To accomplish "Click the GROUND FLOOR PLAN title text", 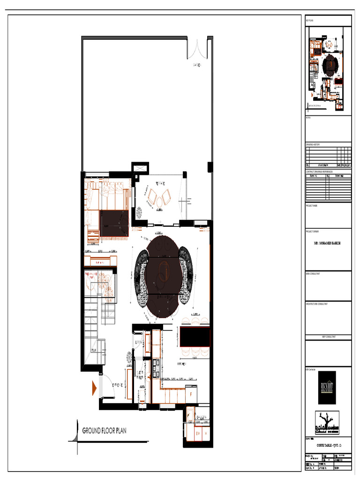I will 111,430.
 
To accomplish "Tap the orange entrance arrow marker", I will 94,388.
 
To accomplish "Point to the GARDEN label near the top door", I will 196,65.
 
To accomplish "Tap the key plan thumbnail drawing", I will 328,67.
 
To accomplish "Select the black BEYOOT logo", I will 327,387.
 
